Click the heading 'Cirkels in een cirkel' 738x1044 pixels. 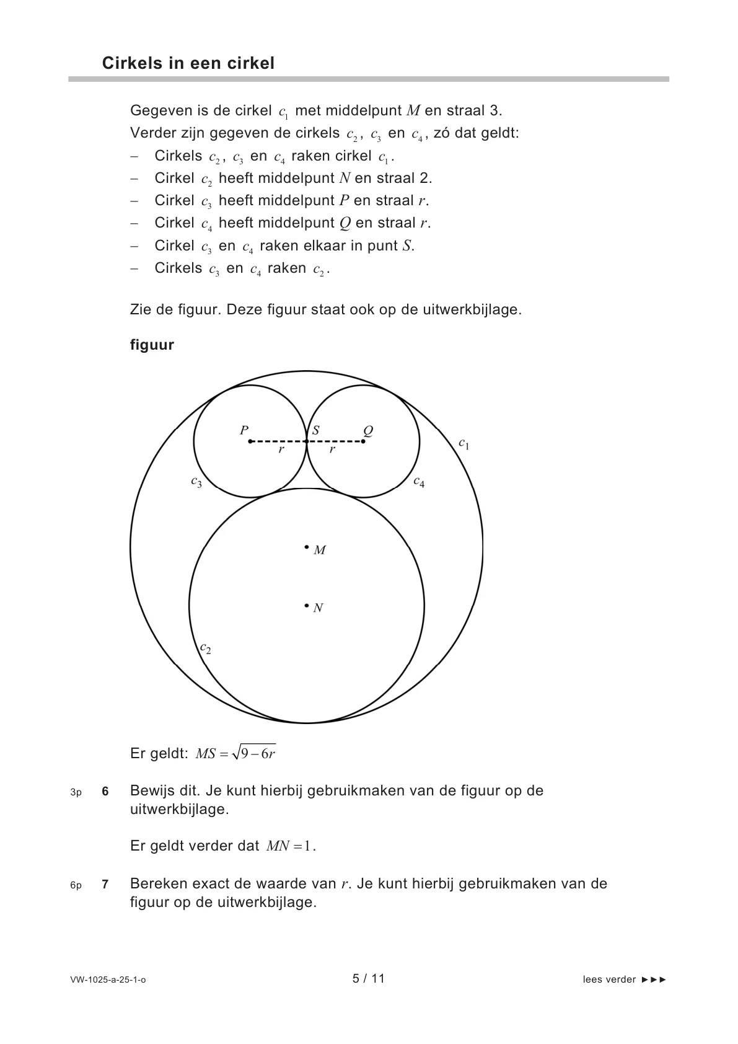[x=188, y=63]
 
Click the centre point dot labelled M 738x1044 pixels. [x=307, y=547]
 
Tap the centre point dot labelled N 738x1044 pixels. [x=307, y=605]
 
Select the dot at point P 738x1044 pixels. [x=250, y=441]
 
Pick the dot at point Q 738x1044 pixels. [x=363, y=441]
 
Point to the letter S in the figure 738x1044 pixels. [x=315, y=430]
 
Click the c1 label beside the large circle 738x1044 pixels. [x=464, y=444]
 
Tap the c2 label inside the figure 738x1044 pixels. [x=206, y=648]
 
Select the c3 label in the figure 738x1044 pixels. [x=196, y=482]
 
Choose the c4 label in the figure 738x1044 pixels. [x=419, y=482]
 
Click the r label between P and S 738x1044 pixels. [x=281, y=449]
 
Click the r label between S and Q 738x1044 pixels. [x=332, y=449]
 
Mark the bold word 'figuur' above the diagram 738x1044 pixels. [x=152, y=345]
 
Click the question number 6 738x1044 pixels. [x=105, y=791]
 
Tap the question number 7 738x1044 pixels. [x=105, y=884]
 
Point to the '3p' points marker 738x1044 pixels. [x=76, y=792]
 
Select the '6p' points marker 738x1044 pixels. [x=76, y=885]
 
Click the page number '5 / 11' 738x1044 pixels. [x=369, y=978]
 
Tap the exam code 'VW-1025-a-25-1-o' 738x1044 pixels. [x=108, y=980]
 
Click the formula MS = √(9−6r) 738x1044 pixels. [x=235, y=753]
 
